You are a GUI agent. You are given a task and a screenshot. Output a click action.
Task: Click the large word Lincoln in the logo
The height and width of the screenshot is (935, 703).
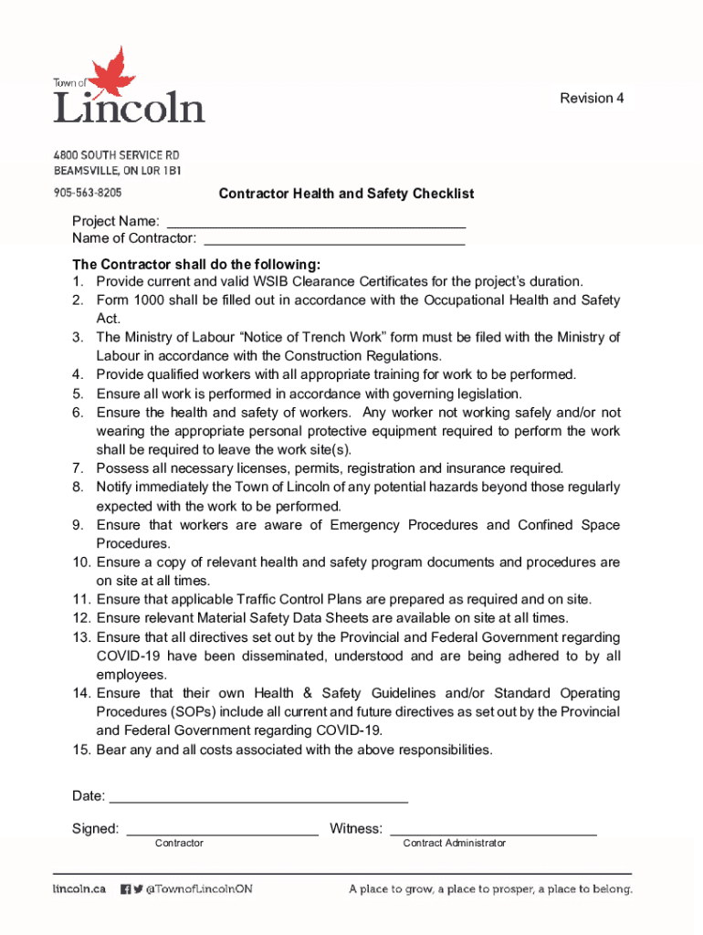point(129,108)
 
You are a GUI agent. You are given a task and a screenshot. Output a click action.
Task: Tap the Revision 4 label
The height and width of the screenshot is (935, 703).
point(592,99)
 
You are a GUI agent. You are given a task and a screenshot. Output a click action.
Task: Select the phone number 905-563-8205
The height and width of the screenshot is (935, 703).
point(87,194)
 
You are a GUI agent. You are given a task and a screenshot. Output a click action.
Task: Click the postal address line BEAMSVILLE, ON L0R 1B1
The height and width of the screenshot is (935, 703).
point(117,171)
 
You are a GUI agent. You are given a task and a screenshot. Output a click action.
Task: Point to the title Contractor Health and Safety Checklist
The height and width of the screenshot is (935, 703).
point(346,194)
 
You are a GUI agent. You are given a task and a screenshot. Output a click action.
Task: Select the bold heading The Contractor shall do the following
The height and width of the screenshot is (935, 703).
point(196,264)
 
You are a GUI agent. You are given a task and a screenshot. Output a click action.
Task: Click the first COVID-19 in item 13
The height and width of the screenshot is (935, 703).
point(129,657)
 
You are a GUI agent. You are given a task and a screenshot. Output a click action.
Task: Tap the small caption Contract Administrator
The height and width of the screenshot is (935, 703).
point(454,844)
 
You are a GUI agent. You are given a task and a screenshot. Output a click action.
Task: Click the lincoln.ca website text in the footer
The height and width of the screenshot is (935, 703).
point(79,888)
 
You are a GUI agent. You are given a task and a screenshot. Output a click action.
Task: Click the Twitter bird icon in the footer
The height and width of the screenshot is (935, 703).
point(138,888)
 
